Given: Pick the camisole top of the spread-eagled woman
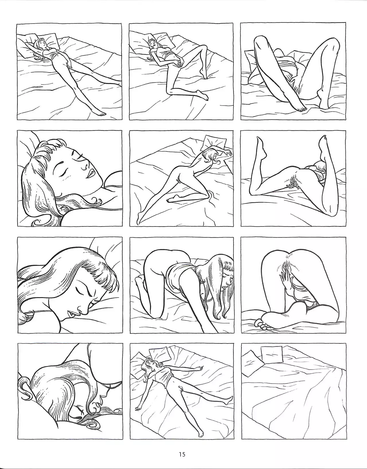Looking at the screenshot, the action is click(x=164, y=376).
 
